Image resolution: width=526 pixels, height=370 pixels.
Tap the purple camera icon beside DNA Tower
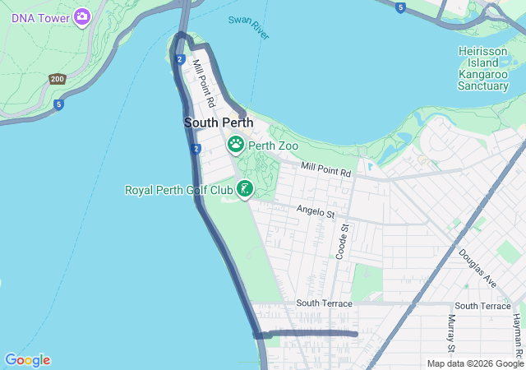point(81,16)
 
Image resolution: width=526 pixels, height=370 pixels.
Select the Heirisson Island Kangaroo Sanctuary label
point(489,68)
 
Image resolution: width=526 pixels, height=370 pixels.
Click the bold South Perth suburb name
point(218,123)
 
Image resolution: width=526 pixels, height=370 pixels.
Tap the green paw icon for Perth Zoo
point(236,146)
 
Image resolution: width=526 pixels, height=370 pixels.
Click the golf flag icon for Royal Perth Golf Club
point(244,190)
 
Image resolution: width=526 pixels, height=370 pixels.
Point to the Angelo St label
point(316,214)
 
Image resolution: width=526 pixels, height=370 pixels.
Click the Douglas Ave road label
point(478,268)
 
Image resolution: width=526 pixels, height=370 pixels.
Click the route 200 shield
point(57,79)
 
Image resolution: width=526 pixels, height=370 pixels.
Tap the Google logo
point(27,360)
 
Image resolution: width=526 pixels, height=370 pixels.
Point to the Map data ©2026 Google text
point(475,363)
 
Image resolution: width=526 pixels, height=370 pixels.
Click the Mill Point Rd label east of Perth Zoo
point(325,170)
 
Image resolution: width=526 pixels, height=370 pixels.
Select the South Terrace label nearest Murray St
point(482,306)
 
